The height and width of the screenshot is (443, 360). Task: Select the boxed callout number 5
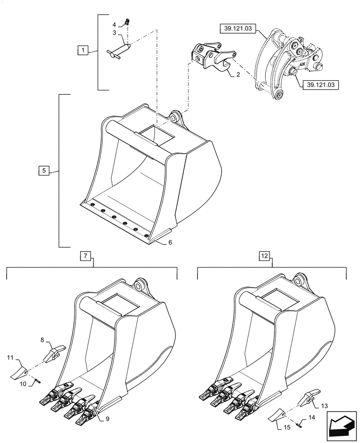pos(43,170)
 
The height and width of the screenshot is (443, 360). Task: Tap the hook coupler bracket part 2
pos(211,57)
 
